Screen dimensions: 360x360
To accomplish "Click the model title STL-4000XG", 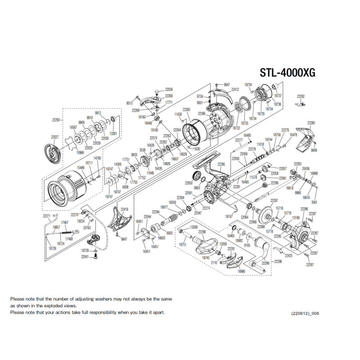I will [x=288, y=73].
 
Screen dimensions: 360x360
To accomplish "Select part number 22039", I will [x=169, y=90].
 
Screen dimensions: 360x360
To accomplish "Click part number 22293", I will [x=56, y=120].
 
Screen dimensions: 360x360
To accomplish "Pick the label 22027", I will [x=55, y=137].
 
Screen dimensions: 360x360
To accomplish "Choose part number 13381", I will [x=113, y=134].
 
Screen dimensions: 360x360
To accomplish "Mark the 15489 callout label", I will [x=81, y=167].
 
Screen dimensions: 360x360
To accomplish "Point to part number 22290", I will [x=202, y=232].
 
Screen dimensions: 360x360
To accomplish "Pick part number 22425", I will [x=289, y=256].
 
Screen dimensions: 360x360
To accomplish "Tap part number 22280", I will [x=311, y=123].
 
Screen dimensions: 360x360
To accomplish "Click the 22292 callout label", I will [x=301, y=96].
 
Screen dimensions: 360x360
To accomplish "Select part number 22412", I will [x=235, y=90].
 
